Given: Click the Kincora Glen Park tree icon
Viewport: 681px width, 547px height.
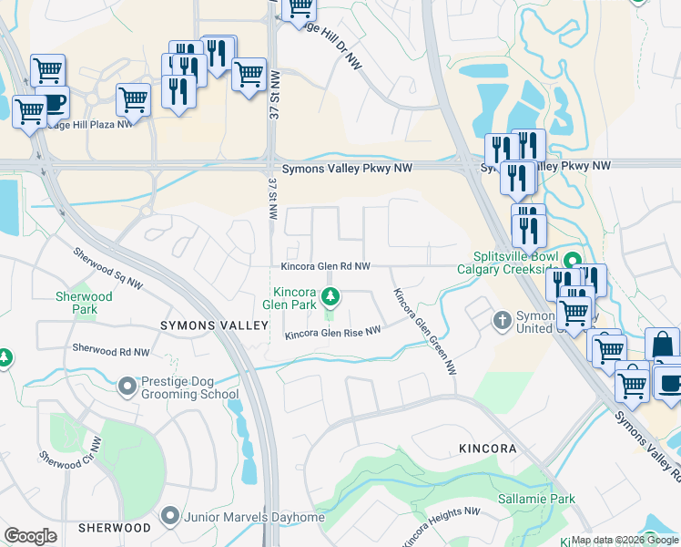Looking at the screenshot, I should (x=332, y=294).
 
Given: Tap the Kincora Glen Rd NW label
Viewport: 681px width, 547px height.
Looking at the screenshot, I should (x=325, y=266).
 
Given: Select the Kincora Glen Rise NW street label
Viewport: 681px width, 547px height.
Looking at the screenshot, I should (x=331, y=335).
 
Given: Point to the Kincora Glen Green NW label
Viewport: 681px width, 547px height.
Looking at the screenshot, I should (x=424, y=332).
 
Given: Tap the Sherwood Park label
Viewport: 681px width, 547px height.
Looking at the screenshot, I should (x=84, y=303).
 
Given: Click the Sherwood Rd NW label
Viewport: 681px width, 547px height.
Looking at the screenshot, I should (x=110, y=349).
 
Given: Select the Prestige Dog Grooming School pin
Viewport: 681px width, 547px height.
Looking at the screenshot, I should (x=127, y=388).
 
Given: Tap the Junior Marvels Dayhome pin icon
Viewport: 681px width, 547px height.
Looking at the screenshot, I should (x=169, y=517).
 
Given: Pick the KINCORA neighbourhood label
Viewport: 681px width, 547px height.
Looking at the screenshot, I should (x=487, y=449).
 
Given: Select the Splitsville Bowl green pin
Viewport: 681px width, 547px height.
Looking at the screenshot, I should (x=572, y=260).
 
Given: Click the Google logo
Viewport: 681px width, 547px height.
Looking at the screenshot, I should (x=30, y=535).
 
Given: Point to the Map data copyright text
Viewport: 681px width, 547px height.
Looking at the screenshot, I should (x=625, y=540).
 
